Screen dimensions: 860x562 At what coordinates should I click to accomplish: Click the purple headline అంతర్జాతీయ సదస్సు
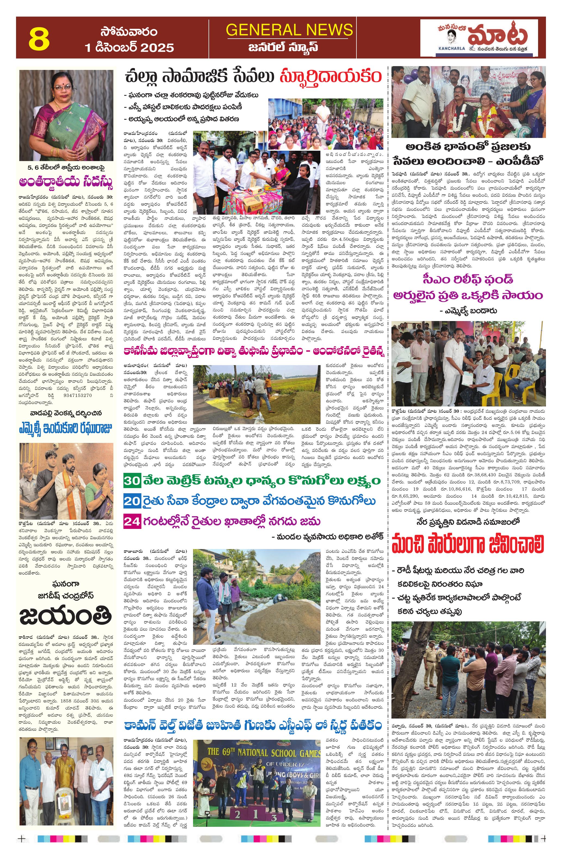pos(66,182)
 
